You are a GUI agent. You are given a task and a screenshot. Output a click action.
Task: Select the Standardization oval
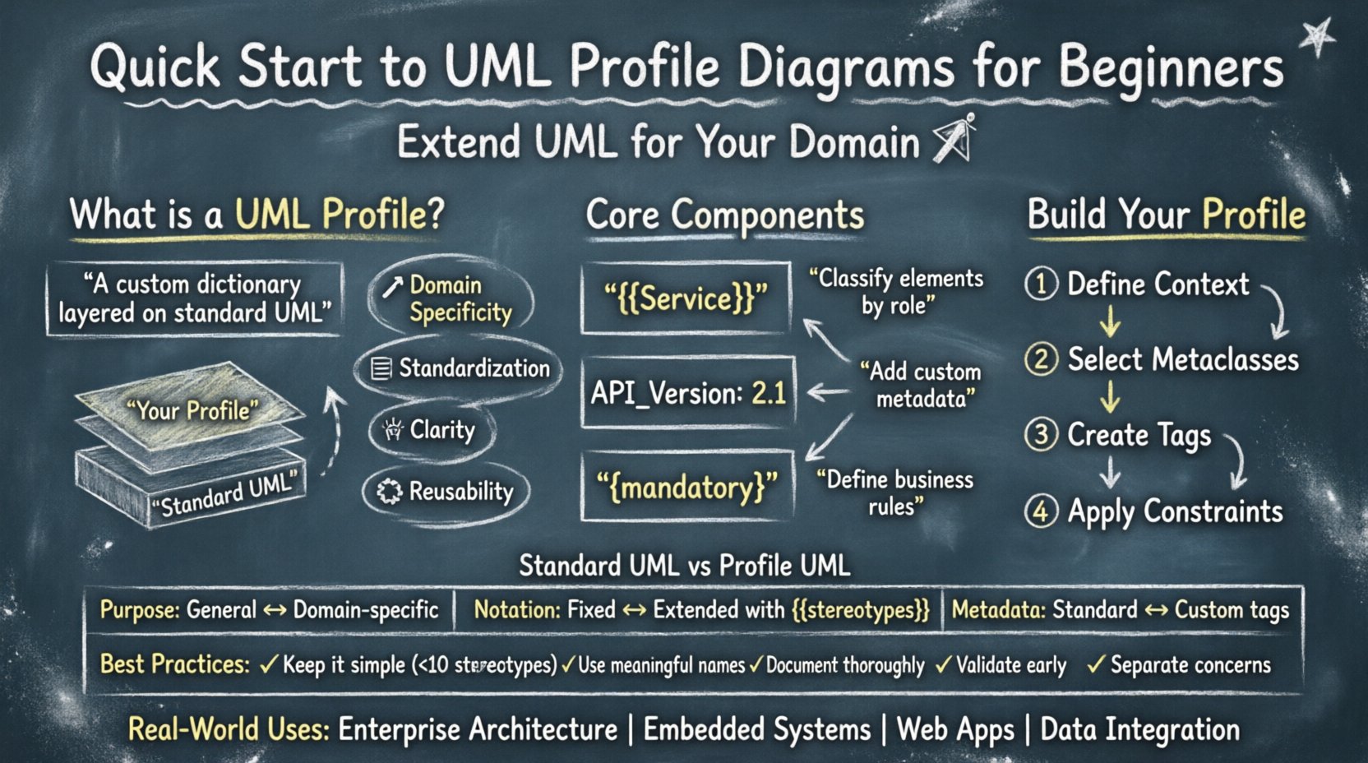(x=459, y=368)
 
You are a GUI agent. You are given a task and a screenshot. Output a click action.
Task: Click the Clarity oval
(x=432, y=430)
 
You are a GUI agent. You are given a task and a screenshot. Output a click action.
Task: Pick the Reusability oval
(x=446, y=492)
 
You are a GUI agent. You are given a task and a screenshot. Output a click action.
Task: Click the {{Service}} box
(x=686, y=298)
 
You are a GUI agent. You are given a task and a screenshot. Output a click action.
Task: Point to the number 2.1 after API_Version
(x=769, y=394)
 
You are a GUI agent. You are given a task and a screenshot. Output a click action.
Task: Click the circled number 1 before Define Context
(x=1041, y=284)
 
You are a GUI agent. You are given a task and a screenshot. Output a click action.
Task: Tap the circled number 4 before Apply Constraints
(x=1041, y=511)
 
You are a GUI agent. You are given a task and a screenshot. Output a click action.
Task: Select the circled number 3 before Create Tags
(x=1041, y=434)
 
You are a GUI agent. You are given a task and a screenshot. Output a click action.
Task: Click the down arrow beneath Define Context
(x=1110, y=321)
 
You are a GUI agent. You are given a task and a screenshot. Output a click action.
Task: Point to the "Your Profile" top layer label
(x=192, y=409)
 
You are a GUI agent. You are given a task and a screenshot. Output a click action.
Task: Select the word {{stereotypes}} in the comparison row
(x=860, y=610)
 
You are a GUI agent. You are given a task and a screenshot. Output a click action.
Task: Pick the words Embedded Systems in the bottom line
(x=756, y=729)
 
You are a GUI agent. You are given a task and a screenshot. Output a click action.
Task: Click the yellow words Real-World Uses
(x=229, y=729)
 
